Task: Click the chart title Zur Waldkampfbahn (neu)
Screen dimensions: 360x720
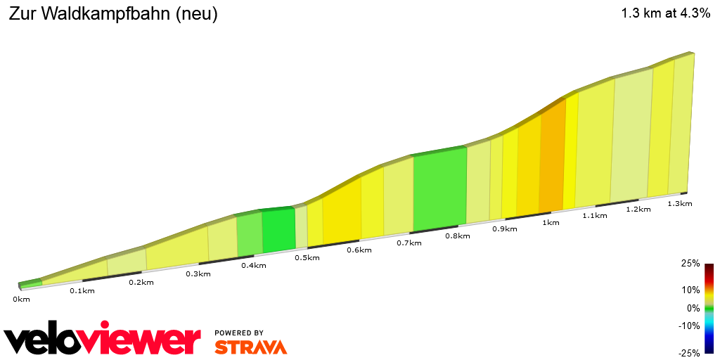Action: (x=113, y=14)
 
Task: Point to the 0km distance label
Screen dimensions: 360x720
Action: (x=21, y=299)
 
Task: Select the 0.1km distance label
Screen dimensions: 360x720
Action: (x=82, y=290)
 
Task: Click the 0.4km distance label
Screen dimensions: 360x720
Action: (x=254, y=265)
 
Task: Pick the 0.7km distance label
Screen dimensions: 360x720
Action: (x=409, y=243)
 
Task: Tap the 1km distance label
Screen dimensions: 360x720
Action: (x=551, y=223)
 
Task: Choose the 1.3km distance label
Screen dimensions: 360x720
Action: (x=680, y=203)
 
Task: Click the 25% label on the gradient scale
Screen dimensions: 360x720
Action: (x=690, y=264)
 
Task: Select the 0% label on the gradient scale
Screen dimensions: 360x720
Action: (x=693, y=308)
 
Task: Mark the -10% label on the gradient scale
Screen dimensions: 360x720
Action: (x=689, y=326)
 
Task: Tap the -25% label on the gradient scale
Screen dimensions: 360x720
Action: (x=689, y=352)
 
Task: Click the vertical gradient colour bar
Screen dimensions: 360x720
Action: (x=709, y=308)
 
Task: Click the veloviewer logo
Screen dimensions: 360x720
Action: (x=102, y=340)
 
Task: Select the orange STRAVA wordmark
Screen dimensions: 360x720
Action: (x=250, y=347)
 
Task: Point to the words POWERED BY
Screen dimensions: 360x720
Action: (x=239, y=333)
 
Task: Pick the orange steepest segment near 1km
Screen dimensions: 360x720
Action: (x=553, y=158)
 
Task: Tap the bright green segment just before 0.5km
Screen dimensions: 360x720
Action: (x=278, y=230)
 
